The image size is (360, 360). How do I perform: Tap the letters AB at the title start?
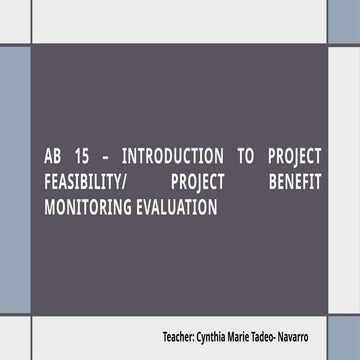tap(54, 157)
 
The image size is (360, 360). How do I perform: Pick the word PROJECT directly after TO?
tap(295, 157)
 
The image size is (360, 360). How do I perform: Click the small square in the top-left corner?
tap(14, 21)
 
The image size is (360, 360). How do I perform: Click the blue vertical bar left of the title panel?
tap(14, 180)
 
